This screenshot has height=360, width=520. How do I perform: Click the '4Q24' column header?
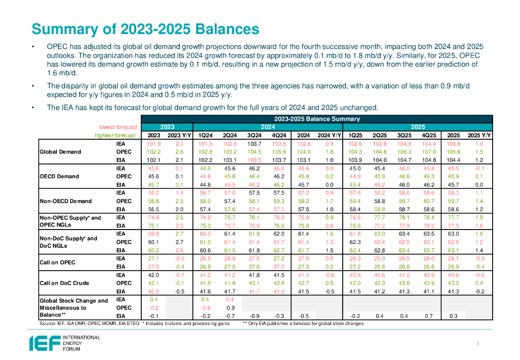279,135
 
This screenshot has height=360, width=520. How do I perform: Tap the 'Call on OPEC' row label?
57,263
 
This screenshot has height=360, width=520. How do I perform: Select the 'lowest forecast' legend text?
118,127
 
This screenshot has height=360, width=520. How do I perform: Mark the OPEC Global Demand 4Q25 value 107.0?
428,151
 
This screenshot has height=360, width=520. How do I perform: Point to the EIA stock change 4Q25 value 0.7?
428,315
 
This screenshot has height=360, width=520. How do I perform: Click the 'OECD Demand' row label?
59,176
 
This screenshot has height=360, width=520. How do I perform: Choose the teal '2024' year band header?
268,127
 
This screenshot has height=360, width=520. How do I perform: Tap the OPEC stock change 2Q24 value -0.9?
230,307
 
